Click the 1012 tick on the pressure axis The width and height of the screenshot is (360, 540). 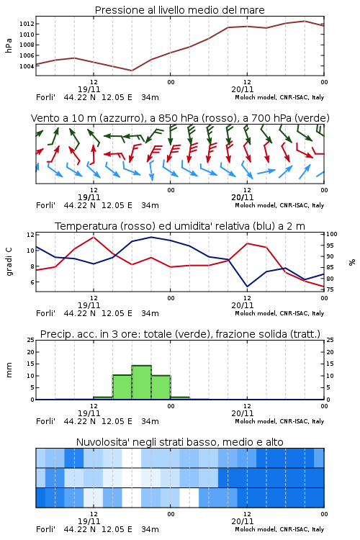click(27, 24)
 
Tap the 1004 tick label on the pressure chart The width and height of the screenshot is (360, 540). click(27, 66)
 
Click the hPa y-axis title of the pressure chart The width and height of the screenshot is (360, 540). click(9, 45)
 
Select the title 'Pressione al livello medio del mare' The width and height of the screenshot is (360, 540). click(180, 10)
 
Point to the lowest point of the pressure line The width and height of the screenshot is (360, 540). click(132, 71)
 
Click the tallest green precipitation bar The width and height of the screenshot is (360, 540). click(142, 382)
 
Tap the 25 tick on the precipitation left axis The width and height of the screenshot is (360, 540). click(31, 340)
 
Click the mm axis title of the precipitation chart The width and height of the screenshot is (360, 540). click(9, 370)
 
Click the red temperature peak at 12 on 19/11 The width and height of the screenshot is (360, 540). click(94, 237)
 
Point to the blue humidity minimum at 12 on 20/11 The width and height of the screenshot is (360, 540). click(247, 287)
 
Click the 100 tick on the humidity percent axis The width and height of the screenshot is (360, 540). click(332, 234)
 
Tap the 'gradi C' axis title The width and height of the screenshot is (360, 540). click(9, 261)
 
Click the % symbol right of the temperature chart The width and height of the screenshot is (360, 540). click(352, 262)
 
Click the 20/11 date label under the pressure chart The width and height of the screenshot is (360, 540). click(243, 89)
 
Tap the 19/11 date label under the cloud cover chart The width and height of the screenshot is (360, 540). click(89, 521)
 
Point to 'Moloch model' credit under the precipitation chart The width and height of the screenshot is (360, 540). click(256, 421)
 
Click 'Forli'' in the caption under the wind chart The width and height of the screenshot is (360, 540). click(45, 206)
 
